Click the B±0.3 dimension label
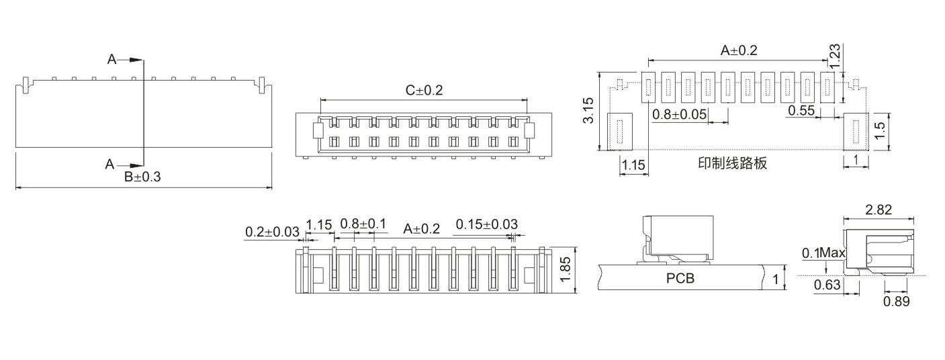click(142, 177)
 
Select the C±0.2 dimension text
click(424, 90)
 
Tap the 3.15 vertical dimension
click(588, 111)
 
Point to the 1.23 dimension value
click(835, 56)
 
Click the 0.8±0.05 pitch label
click(679, 114)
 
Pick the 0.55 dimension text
click(801, 111)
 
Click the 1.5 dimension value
click(880, 131)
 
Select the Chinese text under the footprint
click(732, 163)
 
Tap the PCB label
click(680, 279)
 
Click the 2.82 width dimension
click(879, 210)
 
